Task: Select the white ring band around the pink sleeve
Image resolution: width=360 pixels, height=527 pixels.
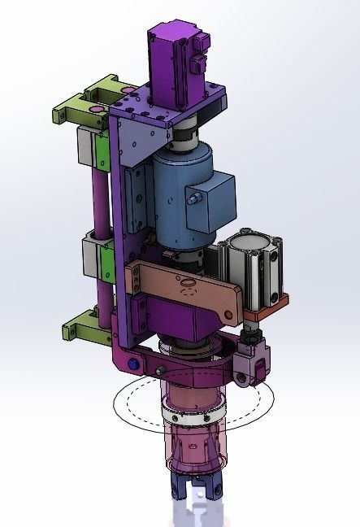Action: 193,416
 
